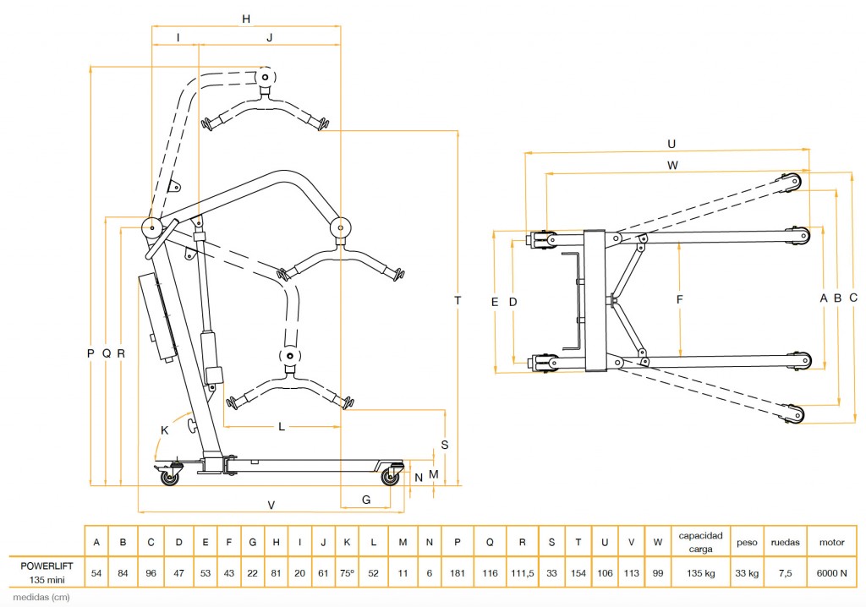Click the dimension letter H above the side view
[x=246, y=19]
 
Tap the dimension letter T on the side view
[x=458, y=300]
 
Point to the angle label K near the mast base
[x=164, y=430]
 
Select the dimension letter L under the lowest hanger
[x=282, y=427]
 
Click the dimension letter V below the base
[x=271, y=505]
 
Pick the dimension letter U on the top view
[x=671, y=144]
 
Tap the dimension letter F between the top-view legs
[x=679, y=300]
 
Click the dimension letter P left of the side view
[x=90, y=353]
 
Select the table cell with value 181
[x=458, y=572]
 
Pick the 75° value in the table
[x=347, y=572]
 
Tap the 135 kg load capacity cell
[x=700, y=572]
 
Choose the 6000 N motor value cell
[x=832, y=572]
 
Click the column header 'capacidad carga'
[x=700, y=542]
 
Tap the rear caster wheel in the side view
[x=169, y=478]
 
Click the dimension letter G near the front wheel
[x=366, y=500]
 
